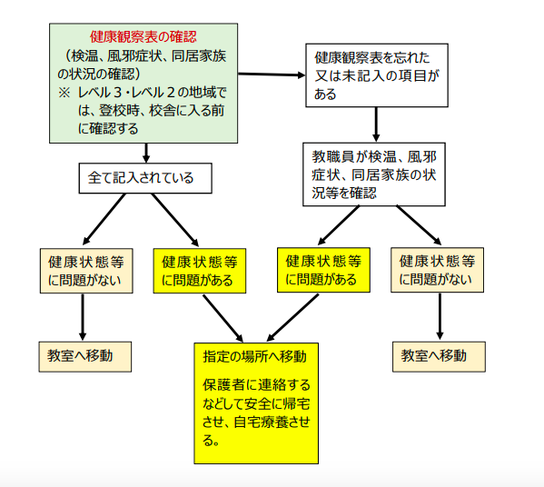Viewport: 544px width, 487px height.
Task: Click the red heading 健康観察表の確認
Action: (143, 36)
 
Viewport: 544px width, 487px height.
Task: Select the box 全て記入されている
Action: (145, 178)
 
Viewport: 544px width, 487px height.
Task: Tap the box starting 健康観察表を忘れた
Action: (377, 75)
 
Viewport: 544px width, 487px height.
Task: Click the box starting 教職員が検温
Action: (374, 174)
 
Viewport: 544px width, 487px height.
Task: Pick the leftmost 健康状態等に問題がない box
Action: (86, 271)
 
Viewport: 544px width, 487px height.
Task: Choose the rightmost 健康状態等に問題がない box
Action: (437, 270)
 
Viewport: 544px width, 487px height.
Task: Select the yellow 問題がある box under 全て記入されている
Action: (200, 271)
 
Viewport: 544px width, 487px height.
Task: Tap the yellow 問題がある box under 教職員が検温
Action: (323, 270)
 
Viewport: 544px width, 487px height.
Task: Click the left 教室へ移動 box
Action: (85, 356)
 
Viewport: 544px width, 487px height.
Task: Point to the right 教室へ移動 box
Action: (439, 356)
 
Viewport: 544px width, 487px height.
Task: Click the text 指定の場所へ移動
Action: (254, 356)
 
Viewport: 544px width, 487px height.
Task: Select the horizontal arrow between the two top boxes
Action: (272, 75)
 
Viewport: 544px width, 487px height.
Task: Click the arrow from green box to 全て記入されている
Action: (146, 153)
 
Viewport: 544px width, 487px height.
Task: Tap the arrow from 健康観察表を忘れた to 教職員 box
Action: (376, 124)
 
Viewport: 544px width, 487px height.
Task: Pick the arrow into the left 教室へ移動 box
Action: (83, 317)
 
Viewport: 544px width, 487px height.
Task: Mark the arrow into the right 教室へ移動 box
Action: (440, 316)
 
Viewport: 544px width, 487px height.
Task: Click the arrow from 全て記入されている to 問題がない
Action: (104, 219)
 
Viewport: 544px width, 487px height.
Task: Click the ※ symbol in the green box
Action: (64, 93)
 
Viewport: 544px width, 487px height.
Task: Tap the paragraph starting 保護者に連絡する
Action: (256, 412)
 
